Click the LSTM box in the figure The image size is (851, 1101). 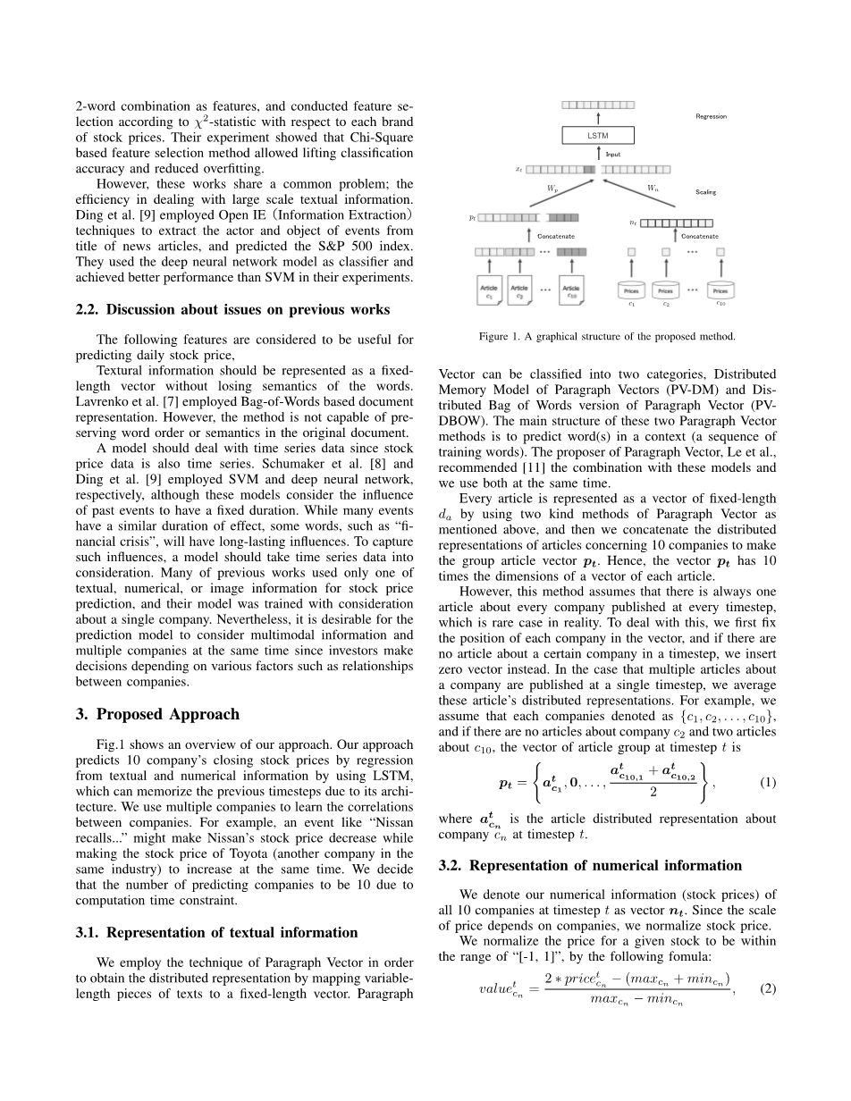(597, 135)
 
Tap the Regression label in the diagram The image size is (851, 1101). (711, 116)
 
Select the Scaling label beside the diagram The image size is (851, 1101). (706, 191)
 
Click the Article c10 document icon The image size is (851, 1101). (571, 290)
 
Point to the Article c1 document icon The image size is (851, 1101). (489, 290)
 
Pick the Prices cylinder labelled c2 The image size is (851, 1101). (665, 290)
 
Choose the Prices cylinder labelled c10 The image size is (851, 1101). (720, 290)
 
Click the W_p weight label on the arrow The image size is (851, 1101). (552, 188)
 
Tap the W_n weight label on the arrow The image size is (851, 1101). (653, 188)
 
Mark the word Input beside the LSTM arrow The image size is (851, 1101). (613, 154)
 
